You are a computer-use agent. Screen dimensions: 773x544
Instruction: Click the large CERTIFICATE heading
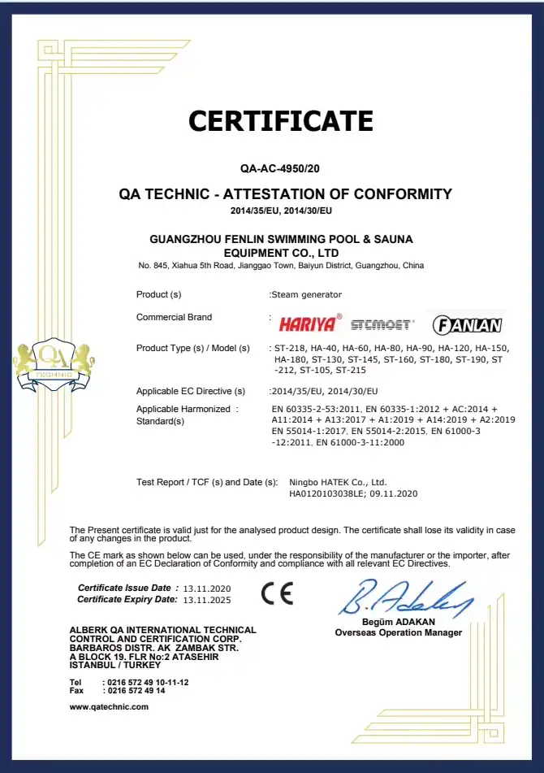pos(281,121)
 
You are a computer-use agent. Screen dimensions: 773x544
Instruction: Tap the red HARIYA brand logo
pos(306,324)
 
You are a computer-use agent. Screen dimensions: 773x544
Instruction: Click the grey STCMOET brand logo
pos(381,324)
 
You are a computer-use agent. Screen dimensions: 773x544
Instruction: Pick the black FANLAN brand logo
pos(468,324)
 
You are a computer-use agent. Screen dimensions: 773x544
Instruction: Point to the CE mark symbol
pos(277,593)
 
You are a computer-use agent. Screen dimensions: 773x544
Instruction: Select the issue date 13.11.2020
pos(207,588)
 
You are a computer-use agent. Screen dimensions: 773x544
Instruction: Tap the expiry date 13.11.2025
pos(207,600)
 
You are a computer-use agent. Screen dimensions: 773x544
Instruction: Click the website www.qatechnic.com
pos(109,706)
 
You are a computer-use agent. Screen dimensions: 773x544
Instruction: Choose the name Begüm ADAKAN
pos(398,623)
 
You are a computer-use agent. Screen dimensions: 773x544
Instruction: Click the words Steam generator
pos(307,294)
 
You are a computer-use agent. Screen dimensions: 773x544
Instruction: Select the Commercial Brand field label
pos(174,317)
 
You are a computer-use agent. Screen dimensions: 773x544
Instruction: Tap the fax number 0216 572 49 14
pos(136,690)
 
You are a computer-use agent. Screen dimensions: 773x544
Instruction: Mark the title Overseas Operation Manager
pos(398,632)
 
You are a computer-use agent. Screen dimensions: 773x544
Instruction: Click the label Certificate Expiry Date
pos(127,600)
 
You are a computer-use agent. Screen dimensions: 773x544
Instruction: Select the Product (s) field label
pos(159,294)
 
